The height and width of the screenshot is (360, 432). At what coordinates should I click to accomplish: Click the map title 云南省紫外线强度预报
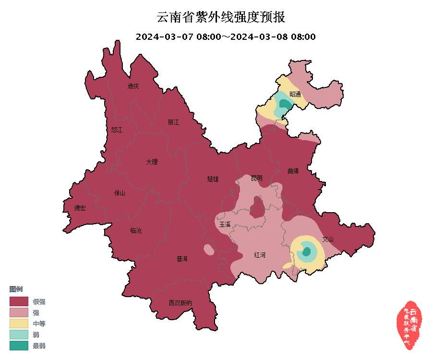coord(221,18)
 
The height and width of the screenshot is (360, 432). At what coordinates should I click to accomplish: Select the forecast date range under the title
coord(226,37)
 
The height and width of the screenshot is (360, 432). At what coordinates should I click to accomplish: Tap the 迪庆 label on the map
coord(133,86)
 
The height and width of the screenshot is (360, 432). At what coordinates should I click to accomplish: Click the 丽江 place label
coord(173,122)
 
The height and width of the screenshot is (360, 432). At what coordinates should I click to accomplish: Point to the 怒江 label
coord(117,130)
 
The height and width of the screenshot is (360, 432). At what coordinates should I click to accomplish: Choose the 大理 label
coord(152,162)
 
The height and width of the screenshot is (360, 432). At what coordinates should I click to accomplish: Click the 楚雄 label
coord(213,179)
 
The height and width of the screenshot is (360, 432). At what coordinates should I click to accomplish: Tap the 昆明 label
coord(257,178)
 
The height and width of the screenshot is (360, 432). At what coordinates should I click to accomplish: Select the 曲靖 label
coord(293,171)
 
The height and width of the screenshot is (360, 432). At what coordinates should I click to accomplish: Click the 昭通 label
coord(295,95)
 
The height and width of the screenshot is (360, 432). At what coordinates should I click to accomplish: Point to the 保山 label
coord(120,193)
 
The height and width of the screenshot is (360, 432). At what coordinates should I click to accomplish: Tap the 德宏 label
coord(80,208)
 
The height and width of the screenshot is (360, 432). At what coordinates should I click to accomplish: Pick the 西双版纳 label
coord(180,303)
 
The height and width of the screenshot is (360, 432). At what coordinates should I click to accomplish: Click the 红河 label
coord(260,255)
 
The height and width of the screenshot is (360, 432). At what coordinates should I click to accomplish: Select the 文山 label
coord(328,239)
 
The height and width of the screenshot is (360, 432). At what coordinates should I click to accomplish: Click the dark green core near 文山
coord(306,252)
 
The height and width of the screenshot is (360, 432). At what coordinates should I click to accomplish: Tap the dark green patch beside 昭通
coord(285,104)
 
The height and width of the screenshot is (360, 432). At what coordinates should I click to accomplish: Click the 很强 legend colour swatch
coord(19,301)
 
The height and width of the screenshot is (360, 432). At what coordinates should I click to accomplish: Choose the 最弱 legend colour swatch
coord(19,345)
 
